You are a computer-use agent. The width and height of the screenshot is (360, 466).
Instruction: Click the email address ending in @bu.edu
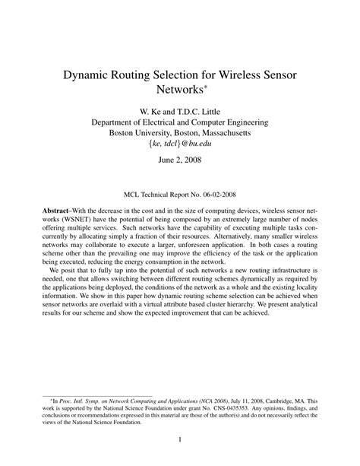(x=179, y=144)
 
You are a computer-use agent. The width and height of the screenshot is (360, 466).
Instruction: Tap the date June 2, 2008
(x=179, y=162)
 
